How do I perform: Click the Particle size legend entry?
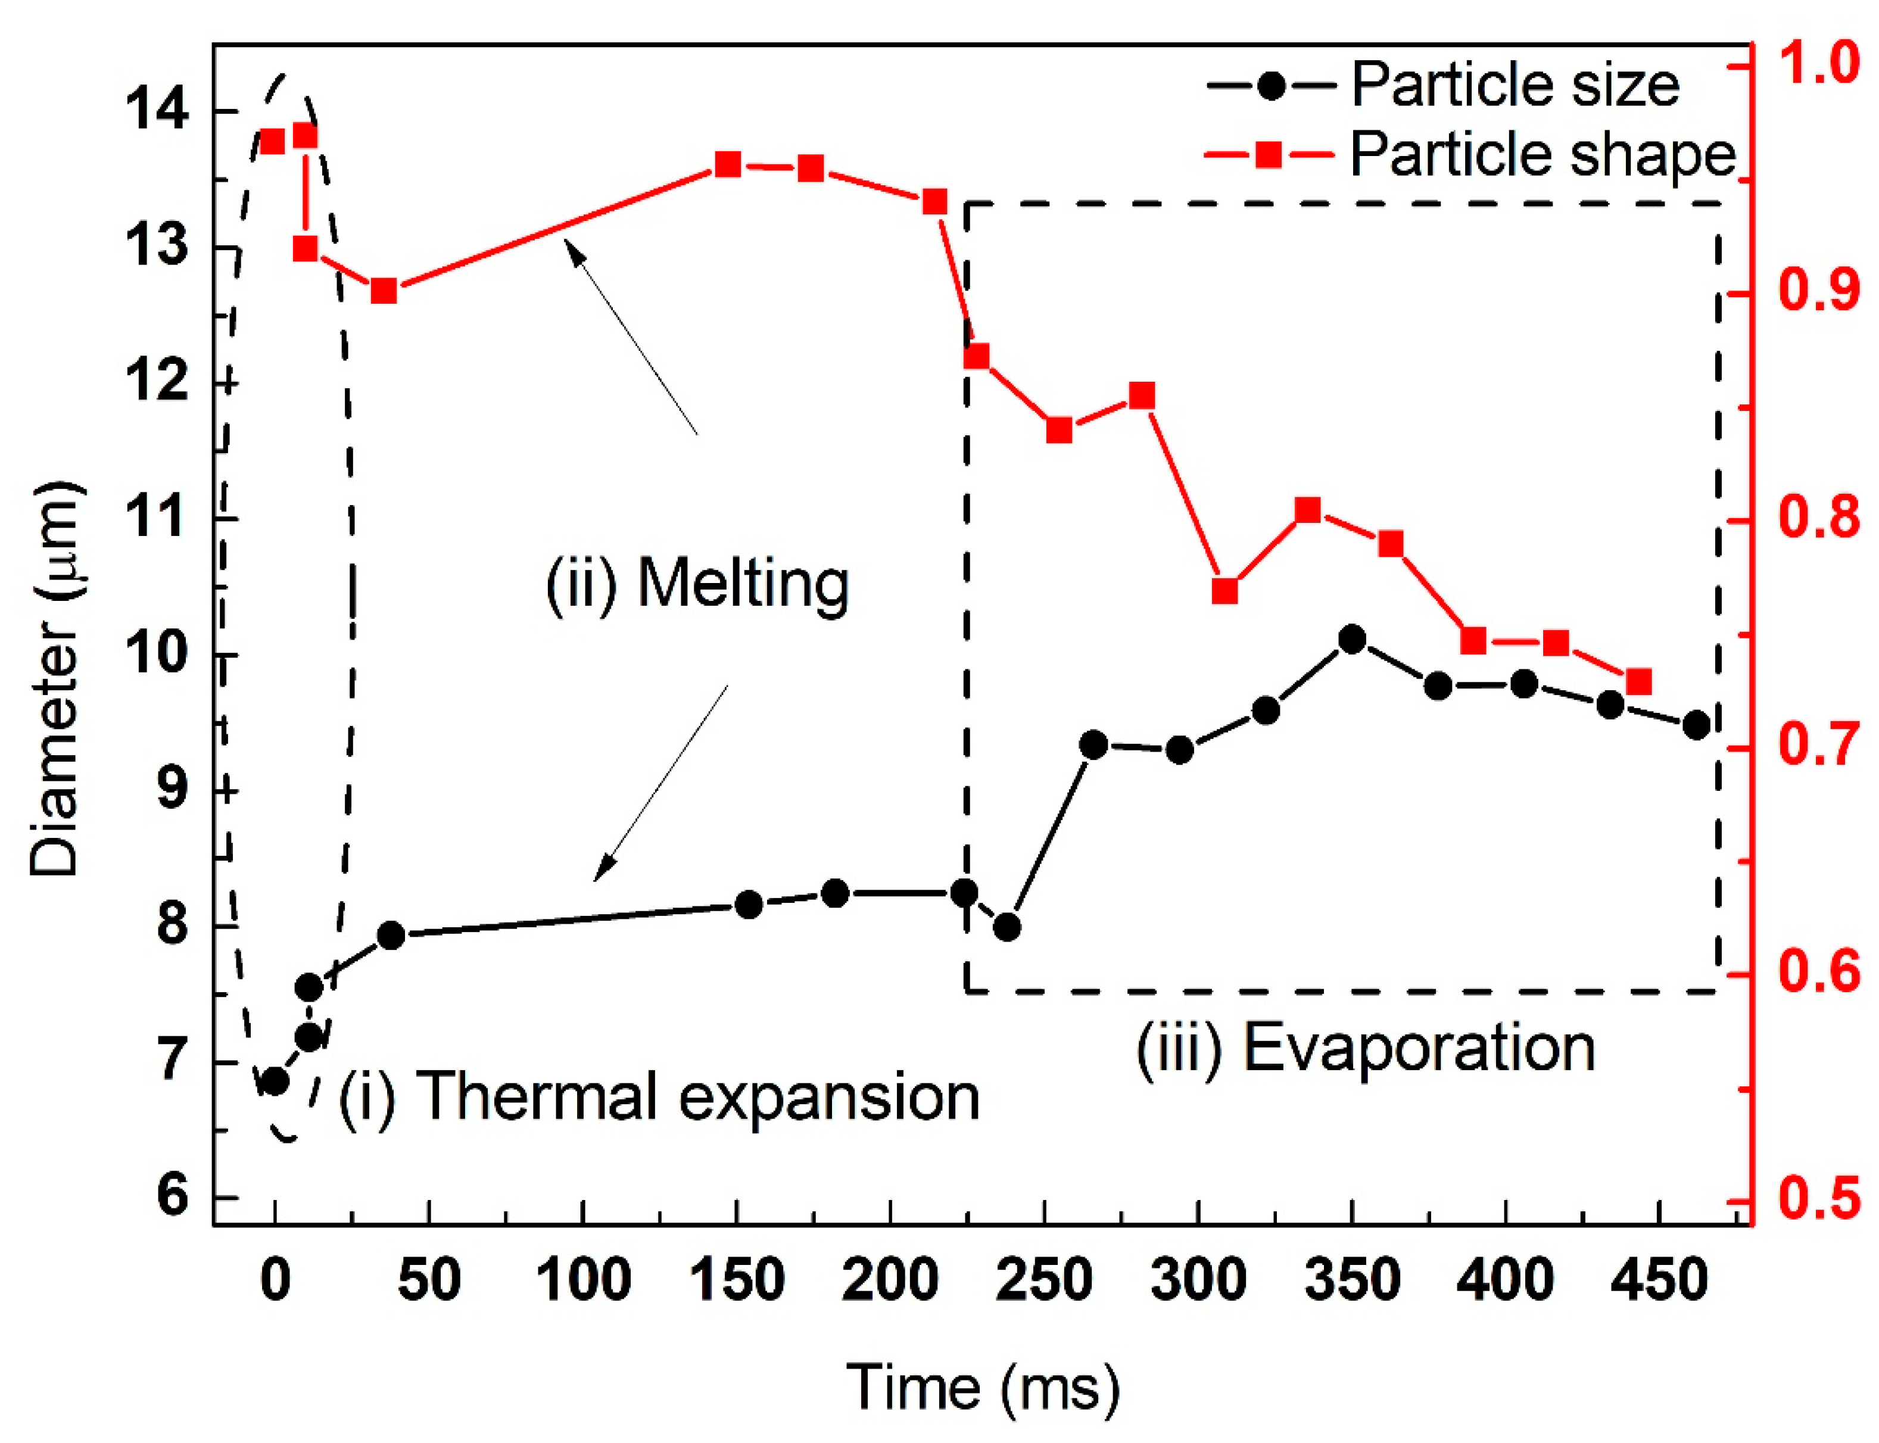(x=1442, y=86)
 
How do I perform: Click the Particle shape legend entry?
(x=1469, y=155)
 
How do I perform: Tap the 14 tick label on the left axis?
(x=155, y=111)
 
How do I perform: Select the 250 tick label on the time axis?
(x=1043, y=1280)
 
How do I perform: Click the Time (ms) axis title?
(x=983, y=1387)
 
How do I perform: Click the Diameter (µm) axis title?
(x=56, y=678)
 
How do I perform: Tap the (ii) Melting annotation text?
(x=697, y=584)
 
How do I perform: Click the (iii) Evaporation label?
(x=1366, y=1048)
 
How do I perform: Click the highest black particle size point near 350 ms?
(x=1352, y=640)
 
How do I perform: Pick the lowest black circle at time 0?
(x=275, y=1082)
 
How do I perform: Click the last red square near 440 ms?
(x=1638, y=682)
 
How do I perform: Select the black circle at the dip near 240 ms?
(x=1007, y=928)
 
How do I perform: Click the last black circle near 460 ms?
(x=1696, y=725)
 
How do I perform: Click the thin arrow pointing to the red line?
(x=631, y=338)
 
